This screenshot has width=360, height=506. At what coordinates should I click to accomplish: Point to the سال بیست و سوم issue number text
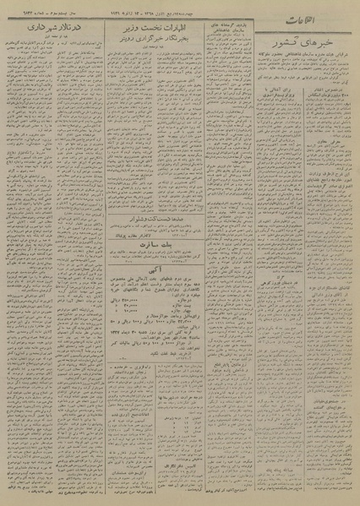pyautogui.click(x=42, y=8)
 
